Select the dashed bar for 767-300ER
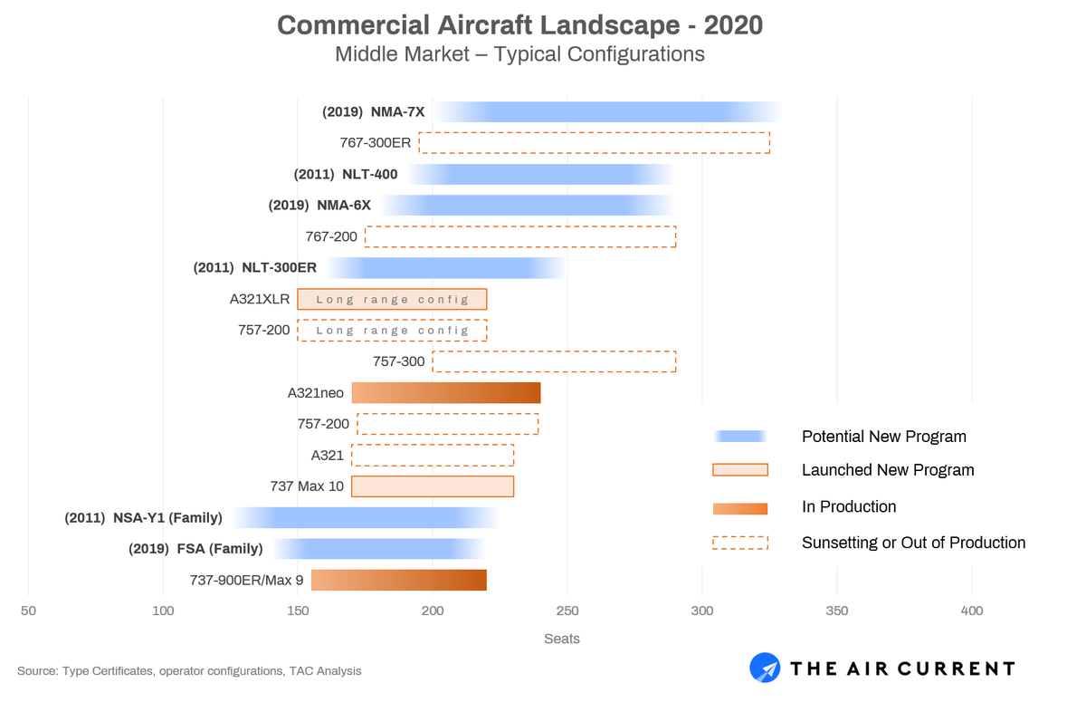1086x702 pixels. [x=594, y=143]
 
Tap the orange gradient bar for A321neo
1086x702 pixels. [x=446, y=393]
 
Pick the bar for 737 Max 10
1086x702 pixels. [x=433, y=486]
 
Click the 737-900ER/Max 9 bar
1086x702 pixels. [x=399, y=580]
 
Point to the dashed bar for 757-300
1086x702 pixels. [x=554, y=362]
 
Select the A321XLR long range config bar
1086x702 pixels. [x=392, y=300]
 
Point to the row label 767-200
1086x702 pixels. [x=331, y=236]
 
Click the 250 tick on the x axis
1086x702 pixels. [x=567, y=611]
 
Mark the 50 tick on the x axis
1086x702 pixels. [x=29, y=611]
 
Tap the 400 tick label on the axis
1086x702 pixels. [x=971, y=611]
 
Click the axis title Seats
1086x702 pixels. [x=562, y=639]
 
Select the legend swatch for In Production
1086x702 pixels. [x=740, y=508]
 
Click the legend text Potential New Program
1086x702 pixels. [x=883, y=437]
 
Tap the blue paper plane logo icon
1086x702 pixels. [x=765, y=668]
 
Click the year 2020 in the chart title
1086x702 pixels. [x=729, y=24]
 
